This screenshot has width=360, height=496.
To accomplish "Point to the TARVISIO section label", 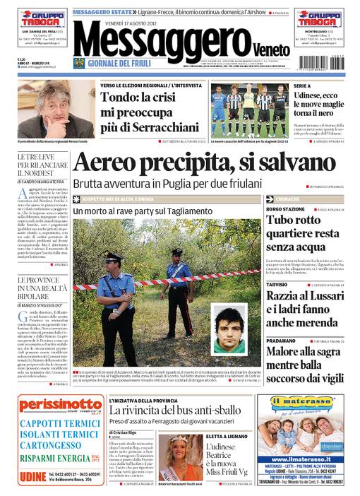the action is click(277, 283).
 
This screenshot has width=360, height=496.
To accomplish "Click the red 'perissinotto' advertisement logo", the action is click(55, 406).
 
